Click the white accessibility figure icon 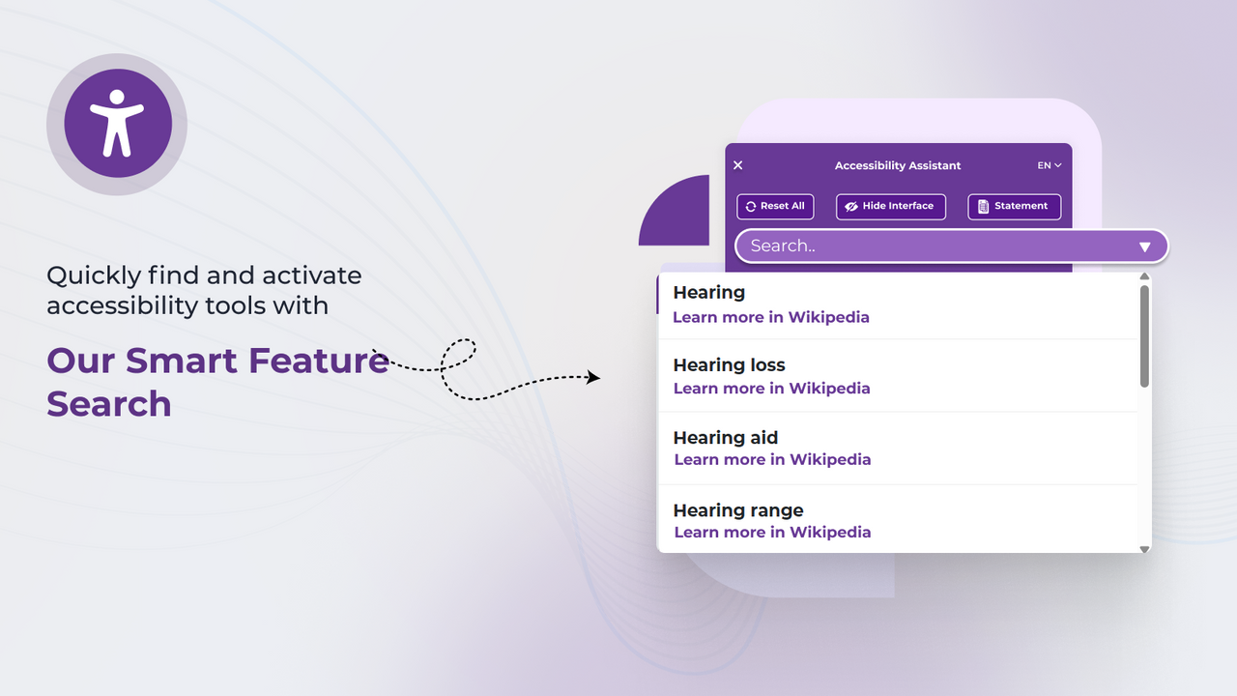point(117,123)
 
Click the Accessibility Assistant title point(898,165)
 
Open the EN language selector point(1050,165)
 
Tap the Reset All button point(775,206)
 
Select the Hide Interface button point(890,206)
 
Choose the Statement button point(1014,206)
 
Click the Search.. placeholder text point(783,246)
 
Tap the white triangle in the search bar point(1145,246)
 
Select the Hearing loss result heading point(729,364)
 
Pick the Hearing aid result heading point(726,438)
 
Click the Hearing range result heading point(738,510)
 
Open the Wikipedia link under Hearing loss point(771,389)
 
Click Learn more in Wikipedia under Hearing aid point(772,459)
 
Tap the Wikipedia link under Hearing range point(772,532)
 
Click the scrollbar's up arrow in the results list point(1144,276)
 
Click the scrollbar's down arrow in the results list point(1144,549)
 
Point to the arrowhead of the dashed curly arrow point(594,377)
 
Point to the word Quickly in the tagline point(94,275)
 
